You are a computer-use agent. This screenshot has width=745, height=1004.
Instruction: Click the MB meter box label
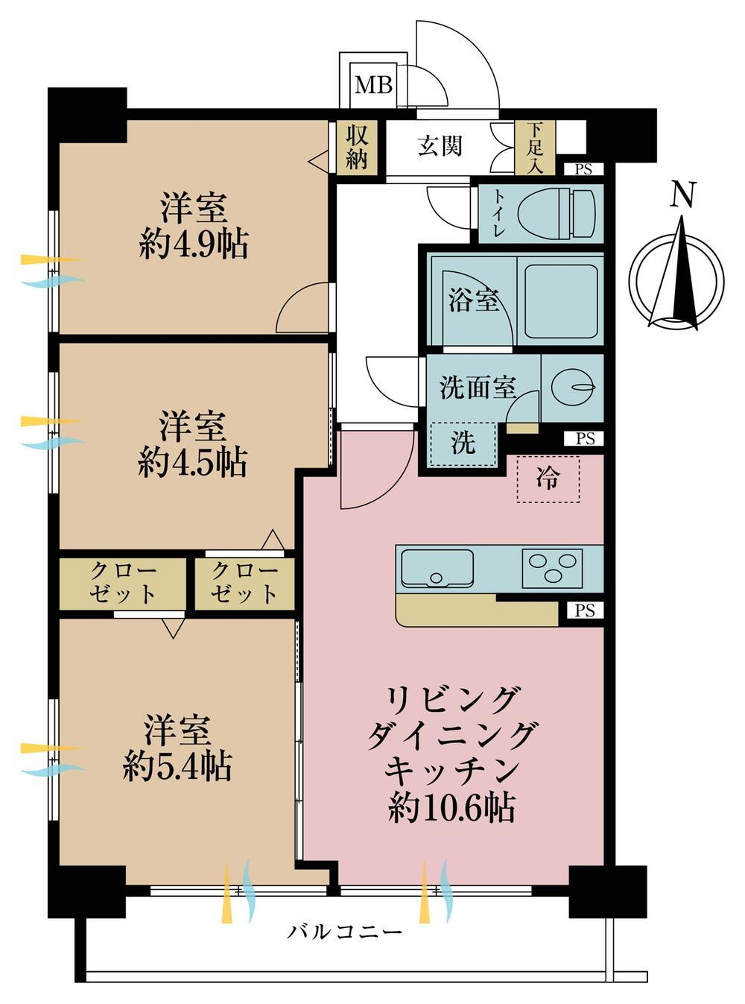point(373,85)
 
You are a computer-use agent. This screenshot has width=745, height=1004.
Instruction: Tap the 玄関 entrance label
point(440,145)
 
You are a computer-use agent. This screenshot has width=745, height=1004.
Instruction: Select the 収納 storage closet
point(357,147)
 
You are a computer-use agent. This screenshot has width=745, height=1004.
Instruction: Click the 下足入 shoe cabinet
point(535,148)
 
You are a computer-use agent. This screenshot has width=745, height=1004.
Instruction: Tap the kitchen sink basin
point(437,569)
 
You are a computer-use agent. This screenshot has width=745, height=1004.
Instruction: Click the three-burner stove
point(552,567)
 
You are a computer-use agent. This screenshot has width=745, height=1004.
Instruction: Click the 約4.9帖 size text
point(194,244)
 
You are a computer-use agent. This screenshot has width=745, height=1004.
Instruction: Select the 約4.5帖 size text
point(192,463)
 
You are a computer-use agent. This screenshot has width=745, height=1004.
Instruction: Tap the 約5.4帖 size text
point(177,765)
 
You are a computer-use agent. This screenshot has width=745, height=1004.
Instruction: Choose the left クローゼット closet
point(123,582)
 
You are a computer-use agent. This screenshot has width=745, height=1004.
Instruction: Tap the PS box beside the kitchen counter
point(585,611)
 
